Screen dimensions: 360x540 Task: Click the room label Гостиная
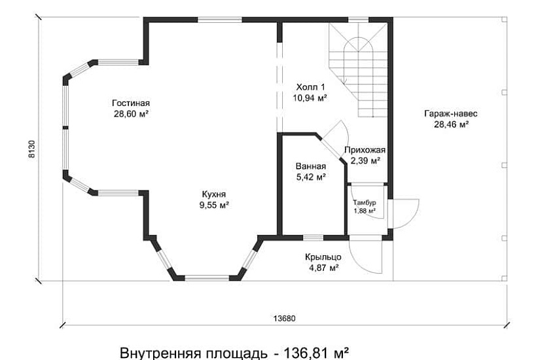coord(131,103)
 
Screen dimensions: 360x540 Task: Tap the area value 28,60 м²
coord(131,113)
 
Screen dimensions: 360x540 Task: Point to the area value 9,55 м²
coord(213,205)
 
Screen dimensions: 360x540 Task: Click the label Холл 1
coord(310,86)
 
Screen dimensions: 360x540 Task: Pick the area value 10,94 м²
coord(310,98)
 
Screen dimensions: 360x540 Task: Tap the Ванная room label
coord(310,166)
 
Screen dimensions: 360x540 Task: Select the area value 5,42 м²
coord(310,177)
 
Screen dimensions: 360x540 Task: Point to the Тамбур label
coord(365,202)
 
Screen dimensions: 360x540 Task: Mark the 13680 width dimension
coord(284,319)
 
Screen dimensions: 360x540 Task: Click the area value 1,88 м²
coord(365,211)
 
